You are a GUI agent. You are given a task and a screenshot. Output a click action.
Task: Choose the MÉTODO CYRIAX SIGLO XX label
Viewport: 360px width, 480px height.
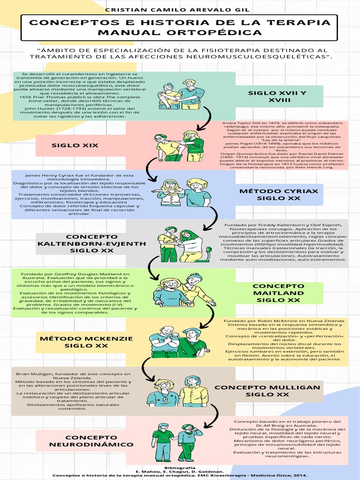point(278,195)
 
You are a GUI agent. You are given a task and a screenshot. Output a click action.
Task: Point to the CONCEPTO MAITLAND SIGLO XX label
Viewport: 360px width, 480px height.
point(278,293)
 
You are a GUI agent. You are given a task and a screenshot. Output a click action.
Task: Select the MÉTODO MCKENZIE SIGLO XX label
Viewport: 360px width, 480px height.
point(86,342)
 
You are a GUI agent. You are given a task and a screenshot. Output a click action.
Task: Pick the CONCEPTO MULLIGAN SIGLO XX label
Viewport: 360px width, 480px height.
point(267,391)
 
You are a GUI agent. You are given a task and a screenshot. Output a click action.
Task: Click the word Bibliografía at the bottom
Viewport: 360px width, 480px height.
point(180,468)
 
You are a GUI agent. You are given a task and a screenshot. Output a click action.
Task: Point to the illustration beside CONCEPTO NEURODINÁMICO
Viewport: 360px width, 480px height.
point(177,442)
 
